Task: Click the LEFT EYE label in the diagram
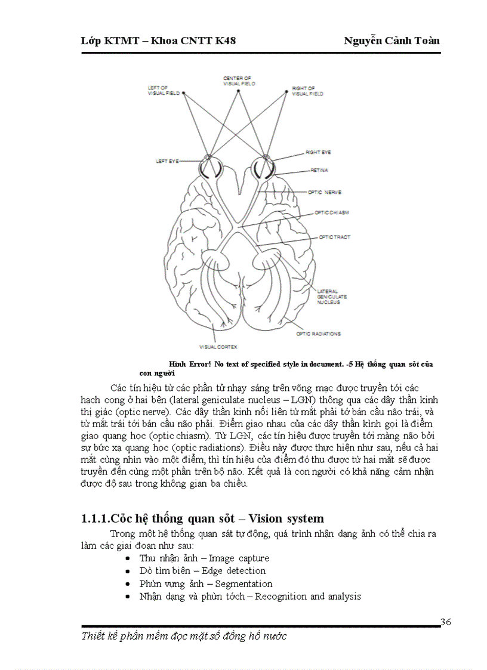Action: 167,161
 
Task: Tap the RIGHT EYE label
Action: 318,153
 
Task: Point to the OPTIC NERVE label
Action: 324,192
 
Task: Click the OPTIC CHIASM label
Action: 332,213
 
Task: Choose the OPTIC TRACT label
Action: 334,237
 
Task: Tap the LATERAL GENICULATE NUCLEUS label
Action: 329,297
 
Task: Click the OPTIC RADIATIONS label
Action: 319,334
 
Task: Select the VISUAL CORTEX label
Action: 218,347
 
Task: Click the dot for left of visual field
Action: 183,93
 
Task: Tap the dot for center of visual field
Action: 239,91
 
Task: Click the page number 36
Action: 446,623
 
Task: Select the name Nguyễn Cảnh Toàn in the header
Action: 392,41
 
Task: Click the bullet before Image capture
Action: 130,559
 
